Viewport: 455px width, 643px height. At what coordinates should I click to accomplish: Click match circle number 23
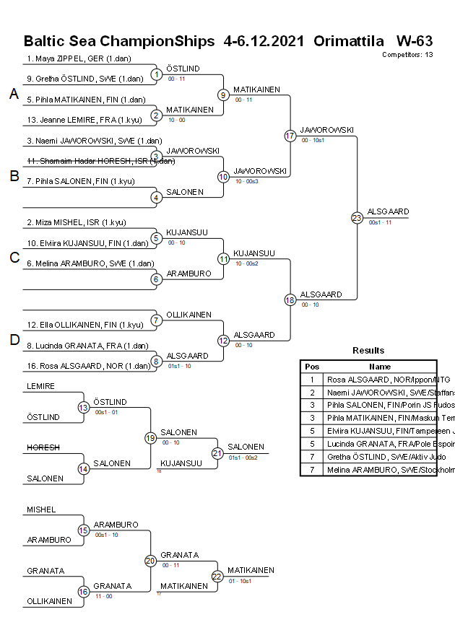tap(357, 217)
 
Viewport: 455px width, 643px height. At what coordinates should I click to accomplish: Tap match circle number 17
tap(290, 135)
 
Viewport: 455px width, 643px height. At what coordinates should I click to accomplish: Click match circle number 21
tap(217, 452)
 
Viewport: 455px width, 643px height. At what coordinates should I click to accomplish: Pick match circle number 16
tap(84, 592)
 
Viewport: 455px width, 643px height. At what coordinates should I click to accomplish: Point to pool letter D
tap(14, 341)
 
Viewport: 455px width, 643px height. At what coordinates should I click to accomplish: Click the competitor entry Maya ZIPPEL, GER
tap(79, 58)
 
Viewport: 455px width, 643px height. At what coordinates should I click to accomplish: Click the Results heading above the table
tap(368, 351)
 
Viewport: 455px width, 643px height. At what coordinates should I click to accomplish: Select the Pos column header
tap(312, 367)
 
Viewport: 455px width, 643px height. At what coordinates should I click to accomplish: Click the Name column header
tap(380, 367)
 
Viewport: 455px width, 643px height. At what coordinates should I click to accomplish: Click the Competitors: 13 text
tap(407, 54)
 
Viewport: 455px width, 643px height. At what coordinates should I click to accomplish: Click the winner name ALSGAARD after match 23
tap(388, 211)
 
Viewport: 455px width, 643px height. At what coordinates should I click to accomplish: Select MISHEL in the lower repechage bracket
tap(41, 509)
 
